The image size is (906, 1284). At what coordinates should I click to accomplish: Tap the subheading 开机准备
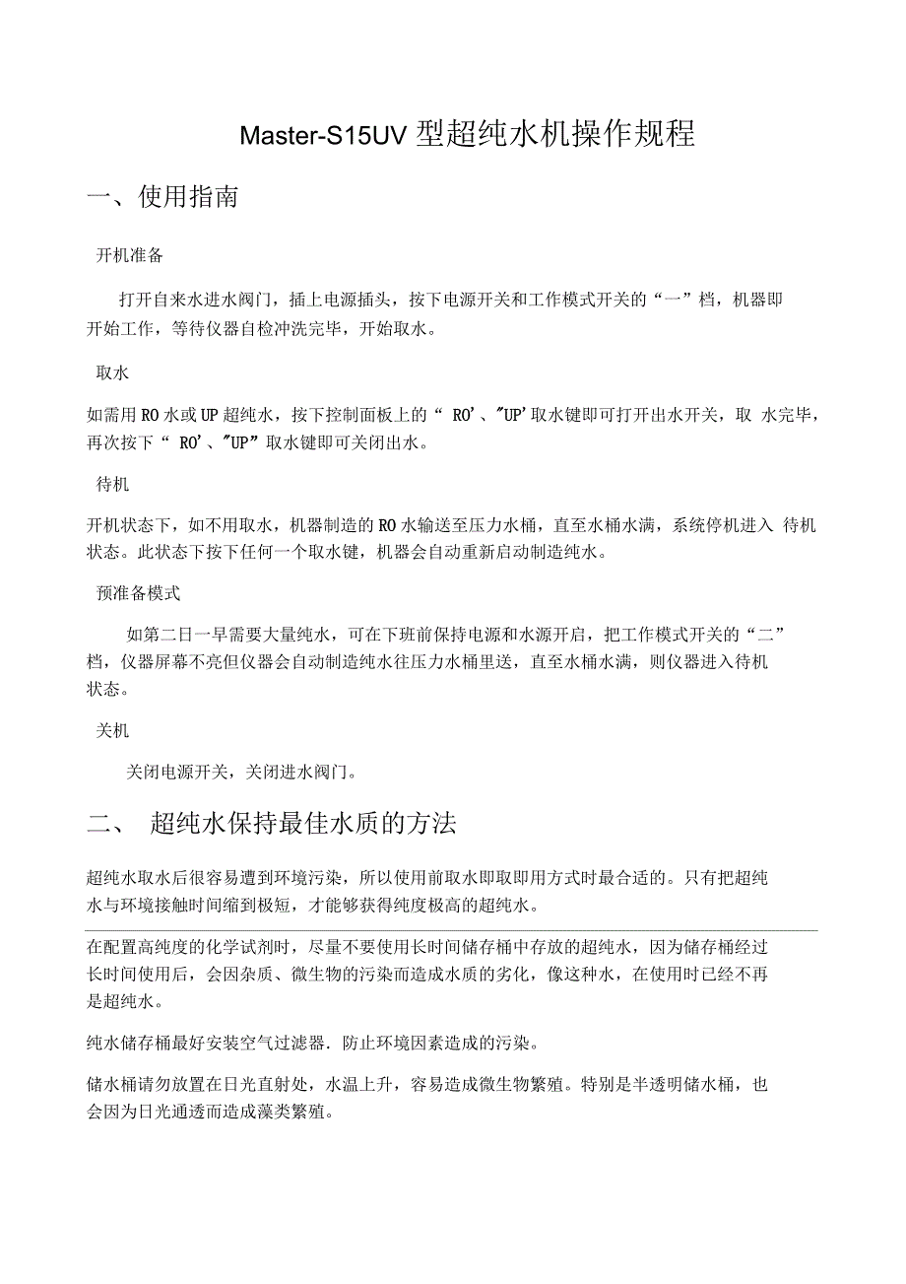coord(129,255)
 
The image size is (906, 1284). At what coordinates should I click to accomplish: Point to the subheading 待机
coord(112,485)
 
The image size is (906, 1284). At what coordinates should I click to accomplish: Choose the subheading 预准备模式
coord(138,593)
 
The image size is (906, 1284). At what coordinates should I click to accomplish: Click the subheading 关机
coord(112,731)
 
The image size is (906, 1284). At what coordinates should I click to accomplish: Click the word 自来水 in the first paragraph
coord(195,300)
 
